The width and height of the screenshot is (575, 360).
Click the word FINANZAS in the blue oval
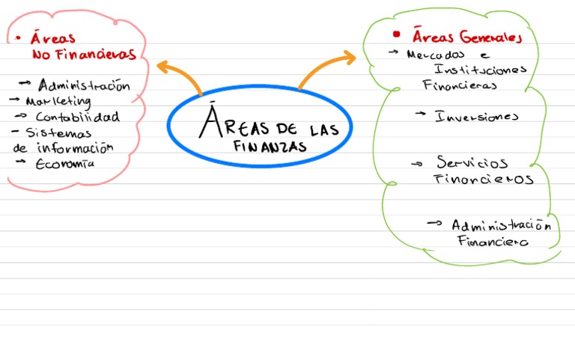270,146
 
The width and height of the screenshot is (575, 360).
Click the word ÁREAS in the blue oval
229,124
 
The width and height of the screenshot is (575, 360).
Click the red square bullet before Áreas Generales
397,34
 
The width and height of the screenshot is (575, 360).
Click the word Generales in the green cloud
490,37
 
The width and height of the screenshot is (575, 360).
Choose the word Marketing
58,100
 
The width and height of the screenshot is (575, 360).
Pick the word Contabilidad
77,117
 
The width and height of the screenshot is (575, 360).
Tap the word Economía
65,164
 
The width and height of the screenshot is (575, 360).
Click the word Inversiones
477,116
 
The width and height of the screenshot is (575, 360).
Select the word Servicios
472,162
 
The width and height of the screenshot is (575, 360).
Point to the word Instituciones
480,70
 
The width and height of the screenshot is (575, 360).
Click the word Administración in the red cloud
84,85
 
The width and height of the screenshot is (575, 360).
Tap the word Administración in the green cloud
501,225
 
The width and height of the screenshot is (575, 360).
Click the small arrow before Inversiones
421,115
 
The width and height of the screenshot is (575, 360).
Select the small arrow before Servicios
418,162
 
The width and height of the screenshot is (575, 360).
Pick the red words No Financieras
84,54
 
